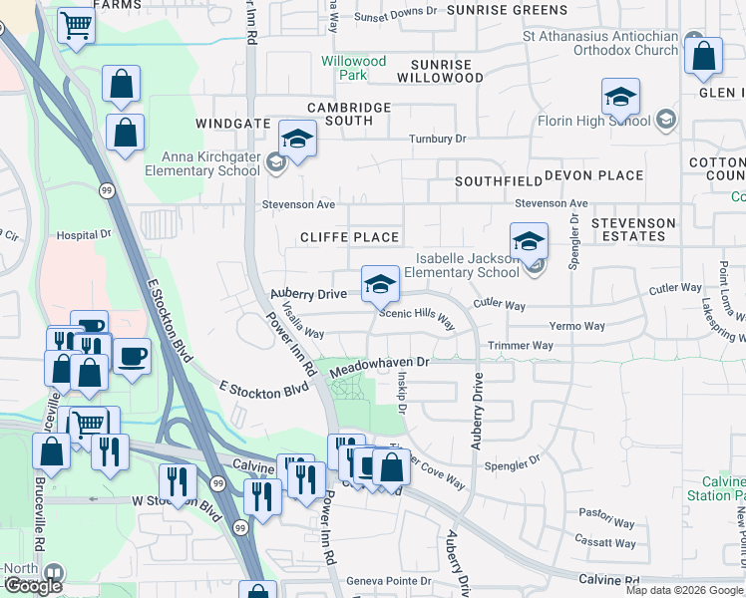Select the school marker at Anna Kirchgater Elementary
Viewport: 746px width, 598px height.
(x=297, y=140)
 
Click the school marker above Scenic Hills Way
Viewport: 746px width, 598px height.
(x=379, y=285)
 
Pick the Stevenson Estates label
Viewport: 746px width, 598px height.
(x=633, y=229)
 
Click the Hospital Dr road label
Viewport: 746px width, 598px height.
(x=84, y=236)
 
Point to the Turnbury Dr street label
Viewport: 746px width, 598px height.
(x=437, y=139)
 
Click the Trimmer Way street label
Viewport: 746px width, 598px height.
(x=520, y=346)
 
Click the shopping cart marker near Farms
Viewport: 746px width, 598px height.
(x=75, y=26)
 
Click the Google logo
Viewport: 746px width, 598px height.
(x=33, y=586)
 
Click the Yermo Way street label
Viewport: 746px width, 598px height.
(x=577, y=326)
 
